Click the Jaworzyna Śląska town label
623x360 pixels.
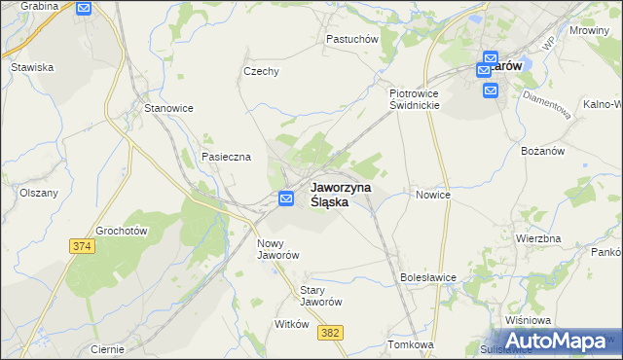(340, 195)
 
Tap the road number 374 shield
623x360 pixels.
(82, 248)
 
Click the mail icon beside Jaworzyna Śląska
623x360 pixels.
(286, 198)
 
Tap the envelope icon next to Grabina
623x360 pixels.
(83, 8)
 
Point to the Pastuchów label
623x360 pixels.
(351, 39)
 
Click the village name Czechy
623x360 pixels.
(261, 71)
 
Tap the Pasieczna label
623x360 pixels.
(226, 157)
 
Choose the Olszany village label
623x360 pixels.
(39, 193)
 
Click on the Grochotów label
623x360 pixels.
(121, 232)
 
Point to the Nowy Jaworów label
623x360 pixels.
(276, 249)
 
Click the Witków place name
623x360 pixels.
(292, 324)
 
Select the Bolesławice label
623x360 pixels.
(428, 277)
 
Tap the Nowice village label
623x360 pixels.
(433, 195)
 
